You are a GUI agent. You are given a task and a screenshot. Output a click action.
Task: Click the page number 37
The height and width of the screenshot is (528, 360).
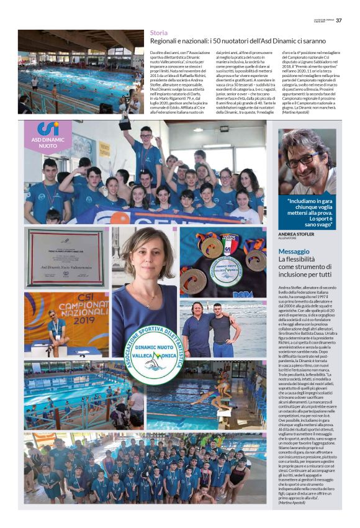339,20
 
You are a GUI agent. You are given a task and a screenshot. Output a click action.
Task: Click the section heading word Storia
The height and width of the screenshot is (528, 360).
159,32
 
